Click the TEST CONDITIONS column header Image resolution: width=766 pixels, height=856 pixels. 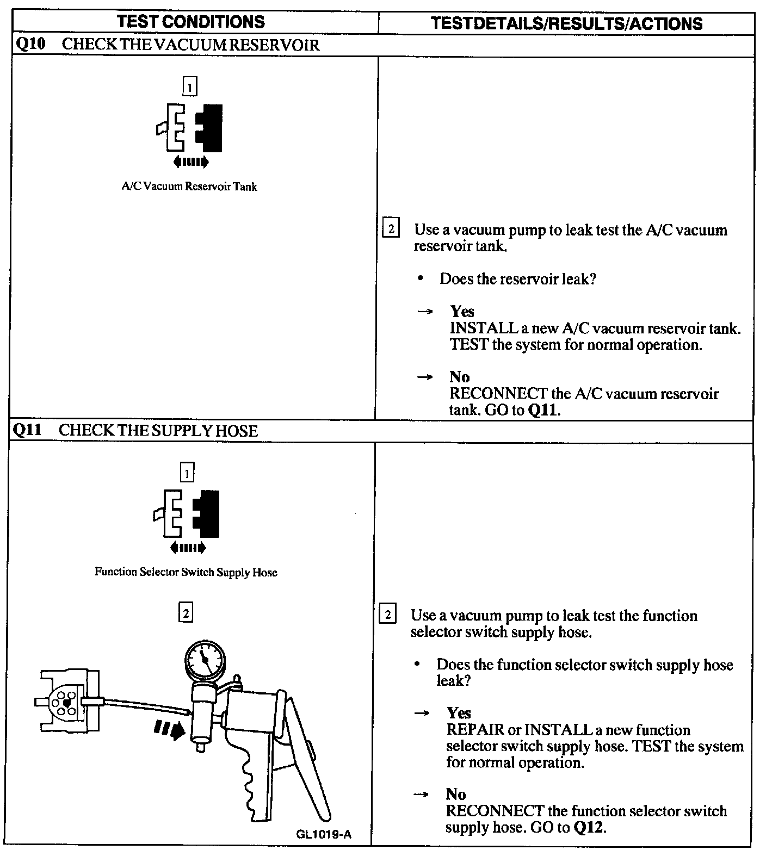pos(191,22)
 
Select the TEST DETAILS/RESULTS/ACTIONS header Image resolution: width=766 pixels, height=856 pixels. pos(566,23)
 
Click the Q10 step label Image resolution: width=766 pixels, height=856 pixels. pos(30,44)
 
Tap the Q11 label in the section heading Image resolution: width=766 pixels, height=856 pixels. pos(27,430)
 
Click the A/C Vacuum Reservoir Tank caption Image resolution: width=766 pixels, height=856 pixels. pos(189,187)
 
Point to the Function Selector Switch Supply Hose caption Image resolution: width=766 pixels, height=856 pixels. pos(186,572)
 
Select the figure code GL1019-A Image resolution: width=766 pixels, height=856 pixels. pos(324,834)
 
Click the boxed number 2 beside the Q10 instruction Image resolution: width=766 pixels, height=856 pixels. pos(391,228)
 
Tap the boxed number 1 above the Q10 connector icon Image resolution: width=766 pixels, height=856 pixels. pos(189,86)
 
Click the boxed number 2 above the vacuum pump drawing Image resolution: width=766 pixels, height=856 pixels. pos(186,613)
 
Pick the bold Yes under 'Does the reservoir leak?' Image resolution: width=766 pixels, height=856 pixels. pos(462,311)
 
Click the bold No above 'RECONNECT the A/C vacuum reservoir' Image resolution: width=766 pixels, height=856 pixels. pos(459,376)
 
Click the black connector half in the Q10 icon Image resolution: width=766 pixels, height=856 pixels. pos(210,128)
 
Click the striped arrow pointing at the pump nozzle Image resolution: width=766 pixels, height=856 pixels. pos(169,729)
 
